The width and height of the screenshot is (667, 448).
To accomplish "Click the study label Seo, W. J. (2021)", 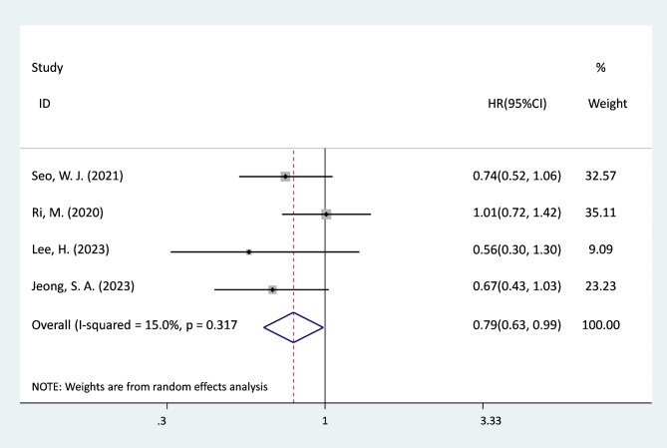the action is (x=78, y=176).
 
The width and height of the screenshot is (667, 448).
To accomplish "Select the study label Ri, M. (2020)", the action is (x=67, y=213).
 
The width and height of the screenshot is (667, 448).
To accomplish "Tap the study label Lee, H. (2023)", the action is (x=70, y=249).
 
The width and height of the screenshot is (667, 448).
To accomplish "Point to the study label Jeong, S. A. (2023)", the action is (x=83, y=286).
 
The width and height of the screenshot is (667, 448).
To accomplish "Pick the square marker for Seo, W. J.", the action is (x=285, y=177).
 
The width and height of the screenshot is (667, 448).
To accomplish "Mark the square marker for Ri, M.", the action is (x=326, y=215).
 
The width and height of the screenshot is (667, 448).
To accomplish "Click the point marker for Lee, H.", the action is (x=249, y=252).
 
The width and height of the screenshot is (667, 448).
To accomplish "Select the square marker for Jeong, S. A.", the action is (x=272, y=290).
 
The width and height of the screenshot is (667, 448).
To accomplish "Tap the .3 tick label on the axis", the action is (x=162, y=421).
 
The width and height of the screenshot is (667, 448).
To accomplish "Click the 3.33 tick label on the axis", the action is (x=491, y=421).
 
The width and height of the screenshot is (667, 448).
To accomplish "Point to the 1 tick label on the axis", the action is (x=325, y=421).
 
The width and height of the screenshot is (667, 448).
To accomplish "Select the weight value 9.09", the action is (x=600, y=249).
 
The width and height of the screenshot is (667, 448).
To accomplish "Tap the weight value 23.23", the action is (x=600, y=285).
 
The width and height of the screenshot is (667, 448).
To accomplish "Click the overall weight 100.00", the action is (x=600, y=325).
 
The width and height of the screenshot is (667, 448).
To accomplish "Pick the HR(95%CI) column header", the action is (x=517, y=104).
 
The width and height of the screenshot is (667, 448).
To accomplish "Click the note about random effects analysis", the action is (x=150, y=387).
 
